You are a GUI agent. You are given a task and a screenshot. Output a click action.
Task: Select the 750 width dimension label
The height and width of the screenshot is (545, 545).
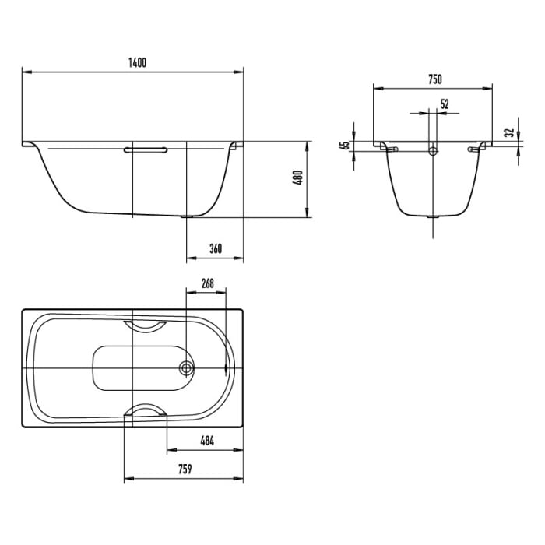434,79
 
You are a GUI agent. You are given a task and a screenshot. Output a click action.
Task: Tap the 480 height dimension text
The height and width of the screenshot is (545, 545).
297,180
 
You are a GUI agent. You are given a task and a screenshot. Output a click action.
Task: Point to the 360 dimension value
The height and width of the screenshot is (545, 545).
216,249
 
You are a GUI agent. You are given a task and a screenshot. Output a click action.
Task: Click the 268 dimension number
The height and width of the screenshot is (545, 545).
207,283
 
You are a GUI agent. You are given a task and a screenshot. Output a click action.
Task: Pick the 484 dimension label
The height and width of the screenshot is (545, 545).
207,440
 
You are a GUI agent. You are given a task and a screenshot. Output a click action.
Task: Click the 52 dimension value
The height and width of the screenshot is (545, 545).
445,103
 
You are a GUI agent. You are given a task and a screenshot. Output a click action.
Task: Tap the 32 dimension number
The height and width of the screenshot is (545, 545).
508,133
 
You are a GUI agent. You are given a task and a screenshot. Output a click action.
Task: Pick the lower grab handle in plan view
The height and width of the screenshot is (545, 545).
147,411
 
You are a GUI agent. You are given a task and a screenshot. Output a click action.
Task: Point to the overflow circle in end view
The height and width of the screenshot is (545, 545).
434,150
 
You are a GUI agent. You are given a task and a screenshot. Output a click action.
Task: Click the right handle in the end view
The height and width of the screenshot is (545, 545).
476,148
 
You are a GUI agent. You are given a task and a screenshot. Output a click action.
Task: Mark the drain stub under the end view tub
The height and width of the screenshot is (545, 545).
434,218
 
